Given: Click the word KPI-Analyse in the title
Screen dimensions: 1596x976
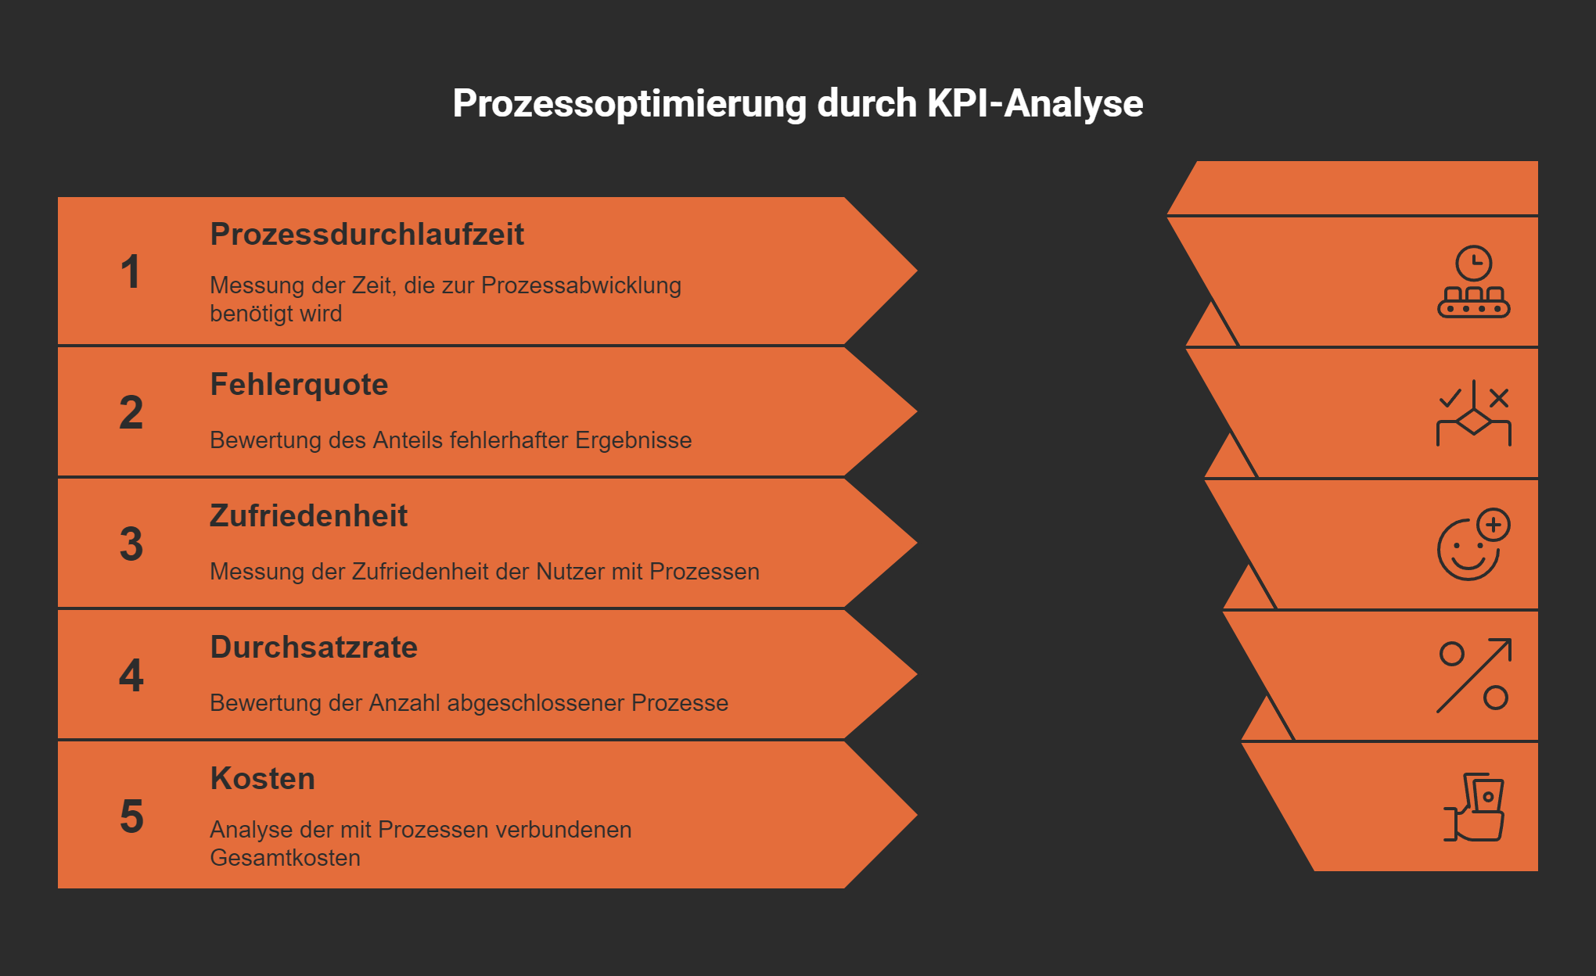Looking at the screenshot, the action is (x=1035, y=104).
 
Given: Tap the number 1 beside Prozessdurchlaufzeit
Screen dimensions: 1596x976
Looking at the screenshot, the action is (x=131, y=272).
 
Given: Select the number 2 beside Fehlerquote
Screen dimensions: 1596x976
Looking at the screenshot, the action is (x=131, y=413).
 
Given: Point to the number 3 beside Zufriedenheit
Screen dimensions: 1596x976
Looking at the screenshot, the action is (x=131, y=544).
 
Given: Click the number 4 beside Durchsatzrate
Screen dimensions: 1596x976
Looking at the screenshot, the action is (x=131, y=676).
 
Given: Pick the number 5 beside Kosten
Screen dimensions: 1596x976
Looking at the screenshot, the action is (x=131, y=816).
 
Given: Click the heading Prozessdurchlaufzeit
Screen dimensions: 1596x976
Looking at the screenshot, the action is (x=367, y=235).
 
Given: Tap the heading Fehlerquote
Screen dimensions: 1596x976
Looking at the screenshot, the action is (x=299, y=385).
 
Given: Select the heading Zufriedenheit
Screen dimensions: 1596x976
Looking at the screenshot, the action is (x=308, y=516).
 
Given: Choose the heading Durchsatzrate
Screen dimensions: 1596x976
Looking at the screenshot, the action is (x=314, y=648).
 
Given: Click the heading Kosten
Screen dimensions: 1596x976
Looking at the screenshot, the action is (x=262, y=779).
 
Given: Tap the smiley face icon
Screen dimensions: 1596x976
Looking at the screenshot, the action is (x=1473, y=544).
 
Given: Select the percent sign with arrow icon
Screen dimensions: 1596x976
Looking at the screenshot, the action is (x=1473, y=676).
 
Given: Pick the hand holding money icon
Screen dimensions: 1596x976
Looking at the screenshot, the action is (x=1473, y=807).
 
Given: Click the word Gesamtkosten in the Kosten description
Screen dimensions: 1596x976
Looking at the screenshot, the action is (x=285, y=858).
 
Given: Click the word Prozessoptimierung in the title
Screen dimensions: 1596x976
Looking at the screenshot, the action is (x=629, y=104).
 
